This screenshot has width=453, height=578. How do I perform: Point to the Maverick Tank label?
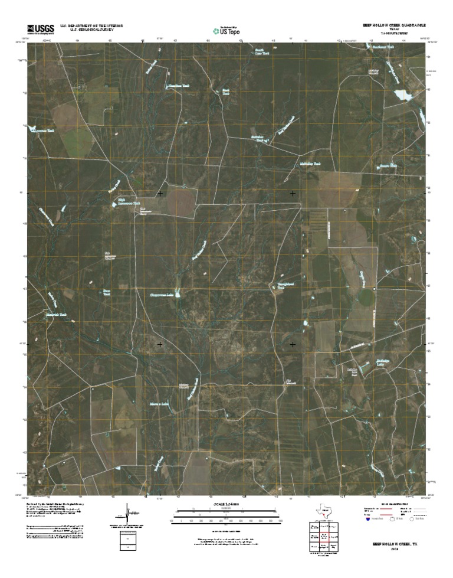pos(57,315)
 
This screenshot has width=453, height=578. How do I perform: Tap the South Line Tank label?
pos(261,53)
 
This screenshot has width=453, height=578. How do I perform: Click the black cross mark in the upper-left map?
pos(160,194)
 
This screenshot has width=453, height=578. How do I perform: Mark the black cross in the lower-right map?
pos(293,344)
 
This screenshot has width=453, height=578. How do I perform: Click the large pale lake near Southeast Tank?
pos(403,95)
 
